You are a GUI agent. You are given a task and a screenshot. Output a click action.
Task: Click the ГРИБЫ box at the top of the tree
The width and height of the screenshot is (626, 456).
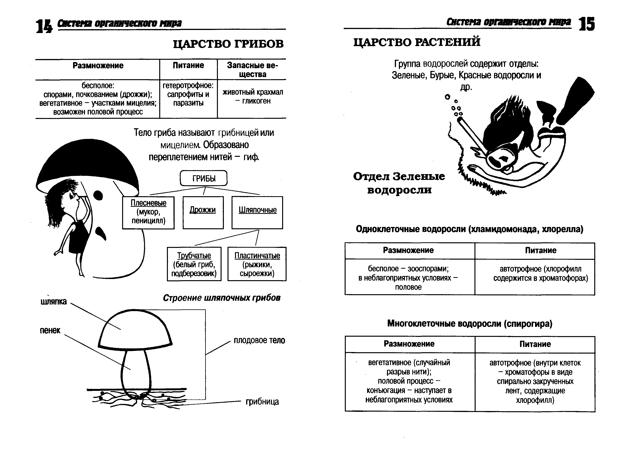(204, 178)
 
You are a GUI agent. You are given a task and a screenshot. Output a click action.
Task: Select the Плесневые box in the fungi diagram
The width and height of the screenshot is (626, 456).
(148, 213)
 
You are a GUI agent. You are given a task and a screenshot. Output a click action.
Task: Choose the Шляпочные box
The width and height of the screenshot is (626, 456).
(257, 212)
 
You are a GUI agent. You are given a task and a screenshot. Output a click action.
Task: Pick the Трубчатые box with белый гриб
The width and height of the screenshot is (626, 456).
(194, 264)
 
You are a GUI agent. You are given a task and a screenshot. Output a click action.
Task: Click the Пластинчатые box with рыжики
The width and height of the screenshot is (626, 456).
(257, 264)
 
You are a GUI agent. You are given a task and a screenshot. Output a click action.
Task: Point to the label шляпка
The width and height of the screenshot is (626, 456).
(54, 302)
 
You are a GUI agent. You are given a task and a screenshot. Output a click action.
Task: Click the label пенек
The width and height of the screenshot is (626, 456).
(50, 330)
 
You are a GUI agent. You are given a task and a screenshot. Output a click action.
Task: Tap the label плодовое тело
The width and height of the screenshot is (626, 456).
(259, 340)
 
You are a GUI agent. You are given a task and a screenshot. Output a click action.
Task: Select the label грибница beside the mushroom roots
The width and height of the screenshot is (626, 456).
(262, 402)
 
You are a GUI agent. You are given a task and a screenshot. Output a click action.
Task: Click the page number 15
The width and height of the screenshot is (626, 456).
(587, 24)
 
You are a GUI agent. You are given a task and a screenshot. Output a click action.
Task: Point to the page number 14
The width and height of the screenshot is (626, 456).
(44, 26)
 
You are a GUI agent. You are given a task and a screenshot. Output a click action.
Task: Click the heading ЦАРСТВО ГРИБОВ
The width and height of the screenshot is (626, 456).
(228, 44)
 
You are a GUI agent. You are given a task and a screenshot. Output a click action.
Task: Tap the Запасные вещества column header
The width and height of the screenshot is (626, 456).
(252, 70)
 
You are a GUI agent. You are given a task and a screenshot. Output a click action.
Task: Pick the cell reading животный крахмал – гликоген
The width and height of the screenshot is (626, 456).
(253, 97)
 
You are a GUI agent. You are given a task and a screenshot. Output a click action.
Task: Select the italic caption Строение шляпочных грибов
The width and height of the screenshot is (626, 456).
(222, 298)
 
